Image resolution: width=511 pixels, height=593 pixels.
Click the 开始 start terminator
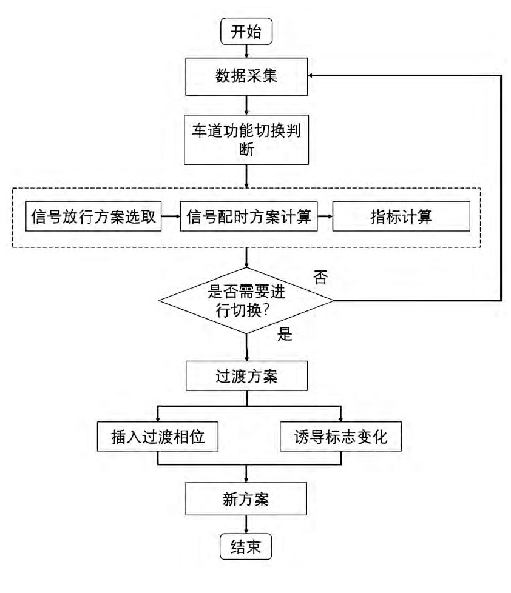coord(246,32)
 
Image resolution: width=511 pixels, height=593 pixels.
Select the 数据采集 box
coord(246,76)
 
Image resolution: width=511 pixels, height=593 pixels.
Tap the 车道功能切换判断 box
coord(246,139)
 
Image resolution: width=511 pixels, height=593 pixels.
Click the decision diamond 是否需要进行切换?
coord(246,300)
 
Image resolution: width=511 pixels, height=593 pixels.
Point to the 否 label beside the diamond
coord(320,278)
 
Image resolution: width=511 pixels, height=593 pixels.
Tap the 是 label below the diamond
coord(285,334)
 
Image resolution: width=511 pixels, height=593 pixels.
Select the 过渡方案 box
coord(246,376)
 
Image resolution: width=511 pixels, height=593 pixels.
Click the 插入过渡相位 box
coord(157,437)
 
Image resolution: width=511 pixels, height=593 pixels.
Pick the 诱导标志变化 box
coord(340,437)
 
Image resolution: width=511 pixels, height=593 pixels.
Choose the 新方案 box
coord(246,500)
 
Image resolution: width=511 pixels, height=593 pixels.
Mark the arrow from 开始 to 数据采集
coord(246,51)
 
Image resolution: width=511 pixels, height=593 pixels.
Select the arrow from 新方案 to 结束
coord(246,524)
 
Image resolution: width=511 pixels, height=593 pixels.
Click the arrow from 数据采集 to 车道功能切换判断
coord(246,105)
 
